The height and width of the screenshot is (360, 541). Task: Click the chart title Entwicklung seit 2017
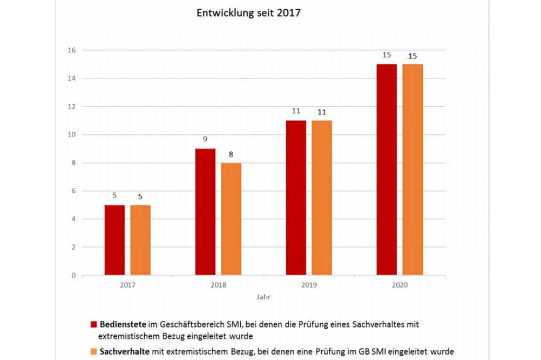(x=248, y=13)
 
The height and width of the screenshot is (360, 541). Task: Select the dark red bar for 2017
(x=114, y=240)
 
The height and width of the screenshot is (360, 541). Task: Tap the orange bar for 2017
(x=140, y=240)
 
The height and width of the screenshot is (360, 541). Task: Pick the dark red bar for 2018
(x=205, y=212)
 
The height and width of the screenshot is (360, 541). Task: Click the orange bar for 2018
(x=231, y=219)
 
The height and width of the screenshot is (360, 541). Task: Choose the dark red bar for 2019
(x=296, y=198)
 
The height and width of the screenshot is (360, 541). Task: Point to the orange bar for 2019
(x=322, y=198)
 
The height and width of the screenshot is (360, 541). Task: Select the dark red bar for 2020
(x=387, y=170)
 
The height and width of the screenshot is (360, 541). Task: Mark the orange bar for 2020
(x=412, y=170)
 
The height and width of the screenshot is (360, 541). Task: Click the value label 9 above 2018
(x=205, y=139)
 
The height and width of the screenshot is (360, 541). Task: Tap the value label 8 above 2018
(x=231, y=154)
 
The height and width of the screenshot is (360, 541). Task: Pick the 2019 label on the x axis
(x=309, y=284)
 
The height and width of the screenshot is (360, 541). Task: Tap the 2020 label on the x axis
(x=400, y=284)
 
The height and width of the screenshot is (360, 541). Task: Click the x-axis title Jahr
(x=264, y=297)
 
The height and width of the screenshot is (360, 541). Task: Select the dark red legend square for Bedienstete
(x=94, y=325)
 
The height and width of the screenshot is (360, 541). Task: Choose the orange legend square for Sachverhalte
(x=94, y=350)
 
